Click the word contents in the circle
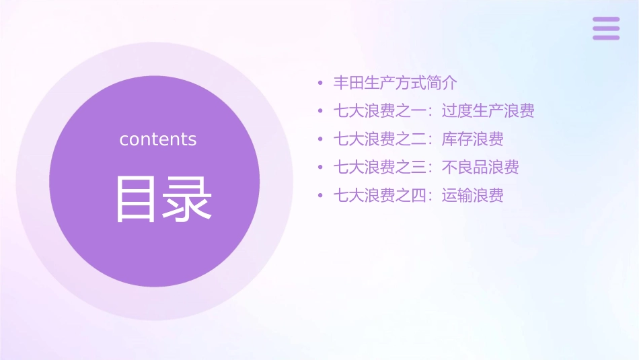[x=158, y=139]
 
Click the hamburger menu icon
[x=606, y=28]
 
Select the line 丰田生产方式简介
[x=396, y=83]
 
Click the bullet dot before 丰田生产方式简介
[x=321, y=84]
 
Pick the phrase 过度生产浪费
[x=488, y=111]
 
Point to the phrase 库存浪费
[x=473, y=139]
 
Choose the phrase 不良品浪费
[x=480, y=168]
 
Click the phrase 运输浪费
[x=473, y=196]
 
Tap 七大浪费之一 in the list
[x=380, y=111]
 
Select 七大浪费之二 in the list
[x=380, y=139]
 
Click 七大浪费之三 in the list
[x=380, y=168]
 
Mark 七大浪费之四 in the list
[x=380, y=196]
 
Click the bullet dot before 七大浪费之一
[x=321, y=112]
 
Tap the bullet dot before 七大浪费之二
[x=321, y=140]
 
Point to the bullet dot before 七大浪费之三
[x=321, y=168]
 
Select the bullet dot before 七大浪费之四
[x=321, y=196]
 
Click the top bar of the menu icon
[x=606, y=20]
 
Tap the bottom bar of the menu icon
[x=606, y=37]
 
